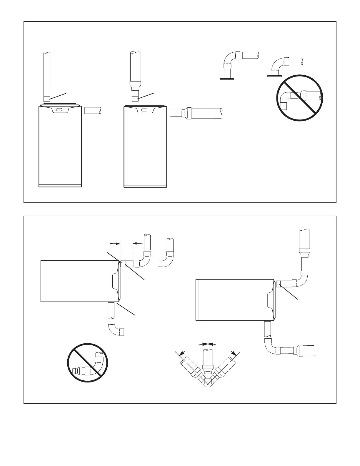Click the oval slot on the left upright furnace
pos(59,110)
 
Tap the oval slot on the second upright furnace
pos(144,110)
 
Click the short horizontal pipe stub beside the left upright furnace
pos(92,111)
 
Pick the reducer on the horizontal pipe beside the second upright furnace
pos(187,113)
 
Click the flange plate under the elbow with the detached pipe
pos(226,79)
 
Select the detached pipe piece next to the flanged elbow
pos(250,55)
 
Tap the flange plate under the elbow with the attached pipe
pos(273,76)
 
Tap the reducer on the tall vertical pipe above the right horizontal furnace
pos(304,253)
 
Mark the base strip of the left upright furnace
pos(60,186)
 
